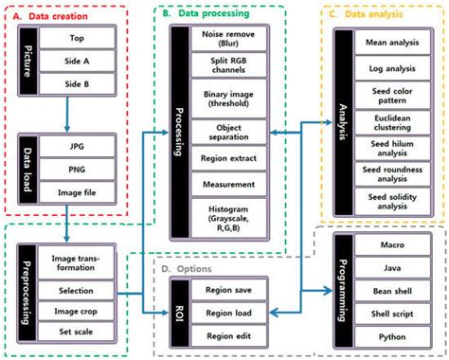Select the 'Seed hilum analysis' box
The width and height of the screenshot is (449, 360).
click(386, 150)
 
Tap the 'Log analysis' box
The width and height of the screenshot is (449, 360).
click(386, 70)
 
